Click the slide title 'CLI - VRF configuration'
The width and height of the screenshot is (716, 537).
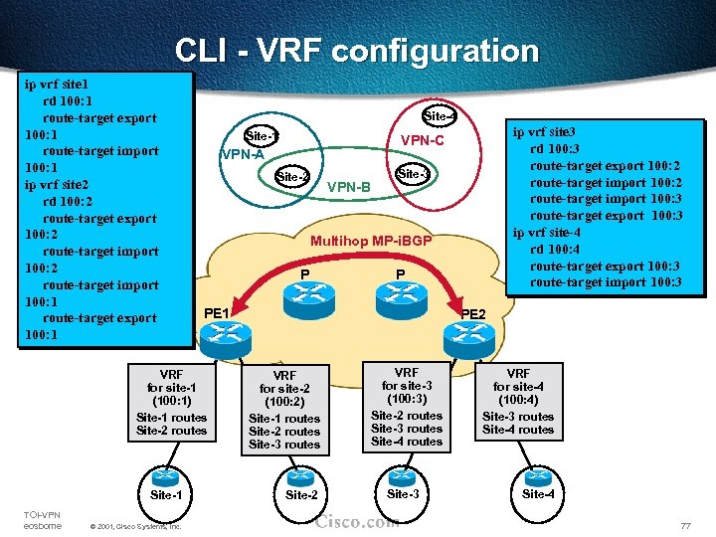[x=357, y=50]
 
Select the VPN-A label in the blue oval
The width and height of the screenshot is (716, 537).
[x=242, y=154]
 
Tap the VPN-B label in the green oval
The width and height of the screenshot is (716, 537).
[x=348, y=187]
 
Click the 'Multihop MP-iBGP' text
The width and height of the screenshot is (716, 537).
[x=371, y=241]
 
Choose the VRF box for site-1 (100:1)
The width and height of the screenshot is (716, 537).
[x=171, y=402]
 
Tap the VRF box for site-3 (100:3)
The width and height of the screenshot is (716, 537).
[x=407, y=407]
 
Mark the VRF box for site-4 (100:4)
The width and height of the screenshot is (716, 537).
[x=518, y=402]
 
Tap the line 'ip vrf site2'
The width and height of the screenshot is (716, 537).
[x=57, y=185]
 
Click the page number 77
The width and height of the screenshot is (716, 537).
[x=683, y=524]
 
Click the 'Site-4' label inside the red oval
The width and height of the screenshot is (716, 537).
[x=440, y=116]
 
